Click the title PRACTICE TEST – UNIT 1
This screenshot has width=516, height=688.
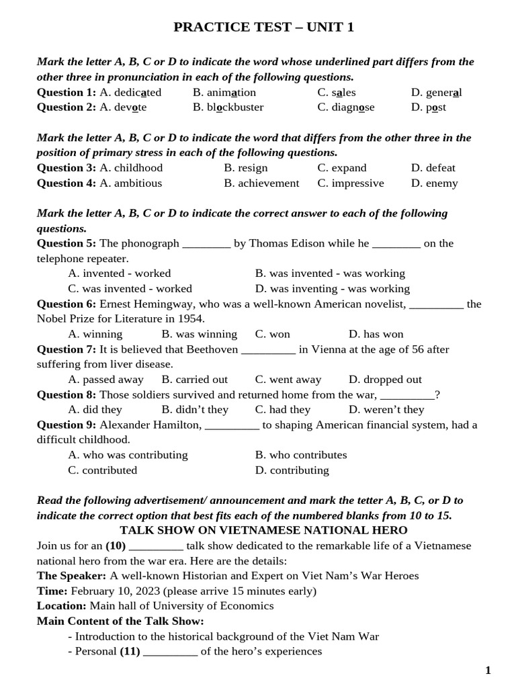pos(263,28)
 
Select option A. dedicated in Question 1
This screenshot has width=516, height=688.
pos(130,92)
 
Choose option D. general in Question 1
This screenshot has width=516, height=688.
pos(436,92)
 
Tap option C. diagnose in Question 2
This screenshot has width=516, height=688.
pos(346,107)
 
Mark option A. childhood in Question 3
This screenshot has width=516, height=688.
pos(131,168)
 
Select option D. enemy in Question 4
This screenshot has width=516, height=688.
pos(434,183)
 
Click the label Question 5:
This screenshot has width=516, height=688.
pos(67,243)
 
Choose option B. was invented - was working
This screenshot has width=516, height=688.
pos(330,273)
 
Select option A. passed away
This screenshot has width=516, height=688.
pos(106,380)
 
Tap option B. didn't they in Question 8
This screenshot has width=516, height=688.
pos(195,410)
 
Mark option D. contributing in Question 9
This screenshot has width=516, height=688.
pos(292,470)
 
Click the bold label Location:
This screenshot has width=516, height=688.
pos(62,606)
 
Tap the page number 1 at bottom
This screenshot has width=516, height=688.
pos(488,671)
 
